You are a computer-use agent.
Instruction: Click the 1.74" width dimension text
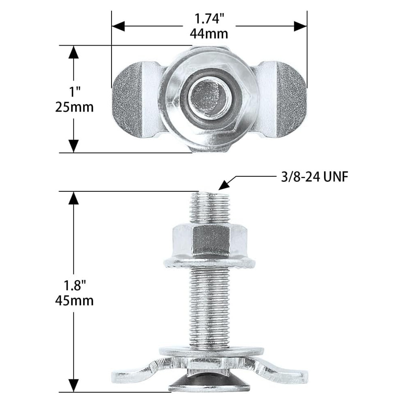tap(209, 19)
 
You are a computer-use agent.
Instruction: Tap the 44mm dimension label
tap(209, 34)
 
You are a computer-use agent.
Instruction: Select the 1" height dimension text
tap(74, 92)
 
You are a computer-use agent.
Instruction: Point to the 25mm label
tap(74, 107)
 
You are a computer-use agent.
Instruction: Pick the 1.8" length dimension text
tap(74, 285)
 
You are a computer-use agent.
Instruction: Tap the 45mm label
tap(74, 301)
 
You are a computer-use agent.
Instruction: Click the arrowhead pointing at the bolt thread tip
tap(224, 184)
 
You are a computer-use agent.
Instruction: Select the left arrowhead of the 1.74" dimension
tap(118, 26)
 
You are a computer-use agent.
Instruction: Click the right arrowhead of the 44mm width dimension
tap(300, 26)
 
